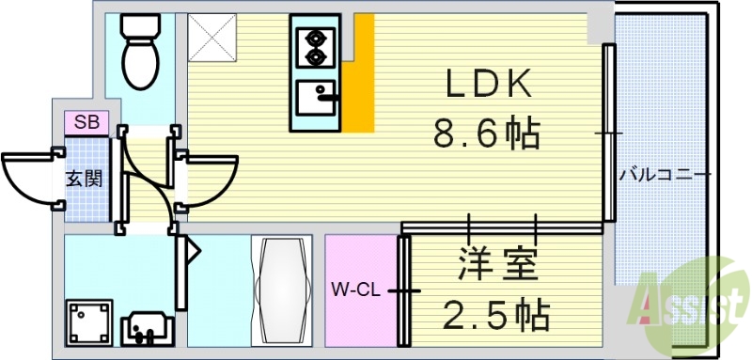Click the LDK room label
coord(488,86)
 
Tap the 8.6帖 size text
coord(486,134)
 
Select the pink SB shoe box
coord(86,122)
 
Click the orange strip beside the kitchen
coord(357,89)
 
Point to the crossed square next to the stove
coord(213,38)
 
